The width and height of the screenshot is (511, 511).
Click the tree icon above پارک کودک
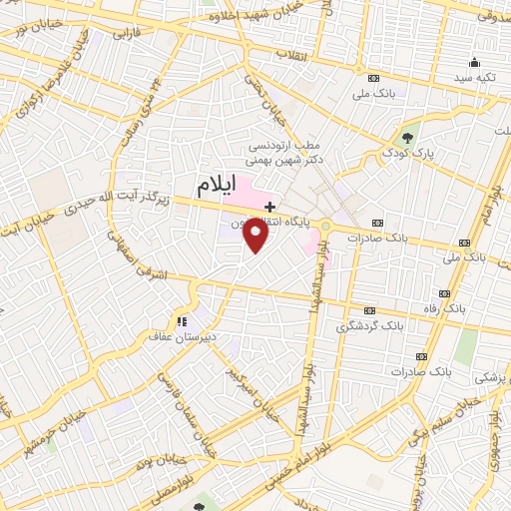point(406,138)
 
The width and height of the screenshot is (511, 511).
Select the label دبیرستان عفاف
point(182,336)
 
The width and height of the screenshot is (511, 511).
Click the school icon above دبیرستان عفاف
point(182,321)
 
